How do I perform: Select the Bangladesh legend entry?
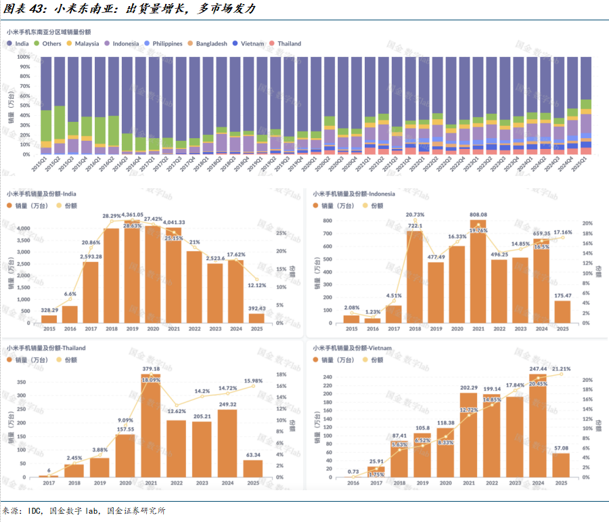pyautogui.click(x=211, y=43)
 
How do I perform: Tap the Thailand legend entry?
pyautogui.click(x=289, y=43)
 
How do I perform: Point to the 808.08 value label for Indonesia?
pyautogui.click(x=478, y=215)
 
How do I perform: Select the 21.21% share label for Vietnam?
pyautogui.click(x=561, y=369)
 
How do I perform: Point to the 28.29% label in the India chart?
pyautogui.click(x=112, y=216)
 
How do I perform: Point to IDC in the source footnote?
pyautogui.click(x=35, y=511)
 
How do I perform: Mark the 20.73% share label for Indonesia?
pyautogui.click(x=414, y=215)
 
